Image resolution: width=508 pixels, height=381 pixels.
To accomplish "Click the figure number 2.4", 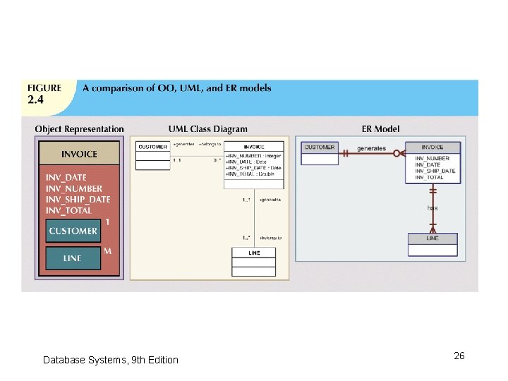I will point(35,99).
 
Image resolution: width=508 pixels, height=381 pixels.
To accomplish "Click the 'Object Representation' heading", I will point(79,129).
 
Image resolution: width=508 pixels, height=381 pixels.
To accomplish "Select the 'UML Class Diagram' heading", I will point(208,129).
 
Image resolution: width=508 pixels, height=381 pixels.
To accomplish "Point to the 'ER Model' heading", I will point(380,129).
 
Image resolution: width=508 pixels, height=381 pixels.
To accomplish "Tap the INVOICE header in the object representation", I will point(80,154).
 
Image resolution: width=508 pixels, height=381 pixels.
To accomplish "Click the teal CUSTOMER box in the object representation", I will point(73,231).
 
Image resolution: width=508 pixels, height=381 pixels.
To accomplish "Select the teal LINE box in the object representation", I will point(73,258).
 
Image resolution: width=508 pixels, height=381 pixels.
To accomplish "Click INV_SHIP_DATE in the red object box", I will point(78,199).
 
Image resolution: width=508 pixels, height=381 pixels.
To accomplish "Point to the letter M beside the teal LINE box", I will point(107,250).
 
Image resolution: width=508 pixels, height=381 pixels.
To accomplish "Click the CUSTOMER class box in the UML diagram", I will point(152,147).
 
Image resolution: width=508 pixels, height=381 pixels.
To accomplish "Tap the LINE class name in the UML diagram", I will point(254,253).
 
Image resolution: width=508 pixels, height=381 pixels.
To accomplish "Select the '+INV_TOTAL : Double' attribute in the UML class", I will point(250,174).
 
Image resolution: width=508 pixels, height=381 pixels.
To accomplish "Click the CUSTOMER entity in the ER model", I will point(320,147).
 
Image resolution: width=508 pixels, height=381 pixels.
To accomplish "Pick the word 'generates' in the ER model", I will point(371,148).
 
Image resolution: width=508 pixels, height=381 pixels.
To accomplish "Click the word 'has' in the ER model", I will point(433,208).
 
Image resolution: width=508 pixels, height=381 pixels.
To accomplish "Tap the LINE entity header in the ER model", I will point(433,238).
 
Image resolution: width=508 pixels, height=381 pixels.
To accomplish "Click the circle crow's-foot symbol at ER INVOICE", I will point(399,153).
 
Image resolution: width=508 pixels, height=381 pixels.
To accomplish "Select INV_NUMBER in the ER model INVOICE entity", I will point(432,159).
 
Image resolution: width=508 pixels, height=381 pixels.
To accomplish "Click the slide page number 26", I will point(459,356).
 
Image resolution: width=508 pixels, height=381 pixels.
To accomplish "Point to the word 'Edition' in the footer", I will point(162,360).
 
